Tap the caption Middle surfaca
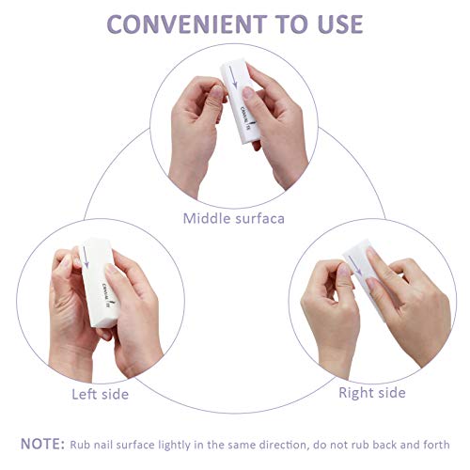click(234, 219)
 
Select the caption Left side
click(101, 393)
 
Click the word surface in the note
click(138, 445)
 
